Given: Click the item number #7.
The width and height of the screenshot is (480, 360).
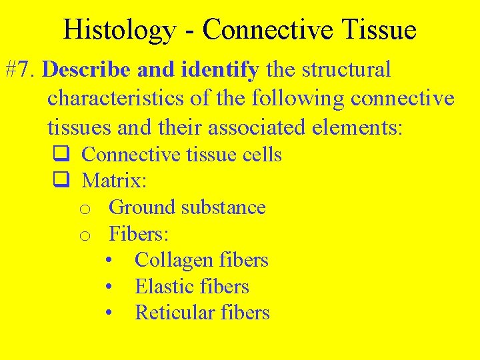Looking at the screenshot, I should pyautogui.click(x=23, y=70).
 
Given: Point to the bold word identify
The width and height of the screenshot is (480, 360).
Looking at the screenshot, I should pyautogui.click(x=221, y=70).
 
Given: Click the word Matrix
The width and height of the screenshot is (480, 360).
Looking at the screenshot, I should pyautogui.click(x=113, y=181).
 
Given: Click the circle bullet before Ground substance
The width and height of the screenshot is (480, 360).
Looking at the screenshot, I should pyautogui.click(x=85, y=209).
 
